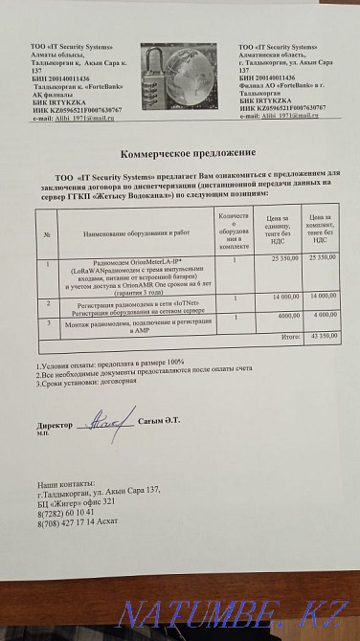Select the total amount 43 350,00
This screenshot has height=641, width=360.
pos(321,336)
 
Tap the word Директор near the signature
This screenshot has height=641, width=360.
pos(54,423)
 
